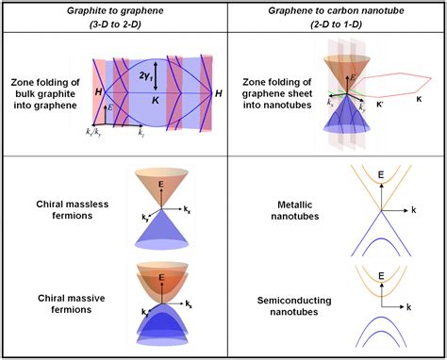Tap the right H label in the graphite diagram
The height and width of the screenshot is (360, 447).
pyautogui.click(x=219, y=95)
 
